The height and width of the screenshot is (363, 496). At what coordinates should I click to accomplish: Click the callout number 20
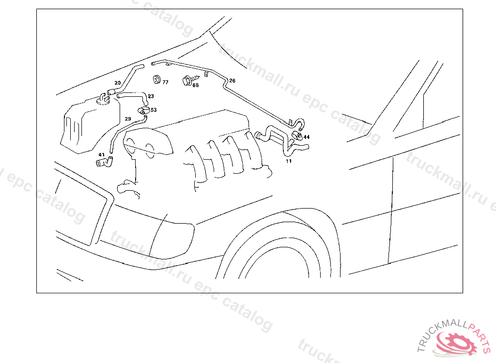point(118,83)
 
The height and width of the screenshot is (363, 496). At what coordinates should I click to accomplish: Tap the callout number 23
point(151,96)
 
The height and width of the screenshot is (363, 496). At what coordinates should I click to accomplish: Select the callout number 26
point(232,81)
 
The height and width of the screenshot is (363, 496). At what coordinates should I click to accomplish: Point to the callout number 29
point(128,119)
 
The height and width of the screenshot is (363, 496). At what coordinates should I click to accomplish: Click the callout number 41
point(102,154)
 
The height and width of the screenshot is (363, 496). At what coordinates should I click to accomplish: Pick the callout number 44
point(307,137)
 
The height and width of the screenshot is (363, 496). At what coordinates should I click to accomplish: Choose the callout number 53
point(154,110)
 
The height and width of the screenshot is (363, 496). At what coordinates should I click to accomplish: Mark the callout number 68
point(196,85)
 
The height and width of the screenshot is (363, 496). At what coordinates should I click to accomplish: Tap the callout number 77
point(166,82)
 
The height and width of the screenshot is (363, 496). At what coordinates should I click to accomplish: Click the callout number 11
point(289,161)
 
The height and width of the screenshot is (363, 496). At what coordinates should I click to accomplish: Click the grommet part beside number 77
point(156,79)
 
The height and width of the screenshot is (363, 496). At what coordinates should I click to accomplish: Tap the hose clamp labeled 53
point(143,110)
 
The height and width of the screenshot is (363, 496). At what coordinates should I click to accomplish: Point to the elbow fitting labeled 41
point(105,162)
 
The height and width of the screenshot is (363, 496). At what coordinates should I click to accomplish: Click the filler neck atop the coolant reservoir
point(103,99)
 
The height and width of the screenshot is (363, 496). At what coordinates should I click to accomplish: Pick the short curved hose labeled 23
point(133,97)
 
